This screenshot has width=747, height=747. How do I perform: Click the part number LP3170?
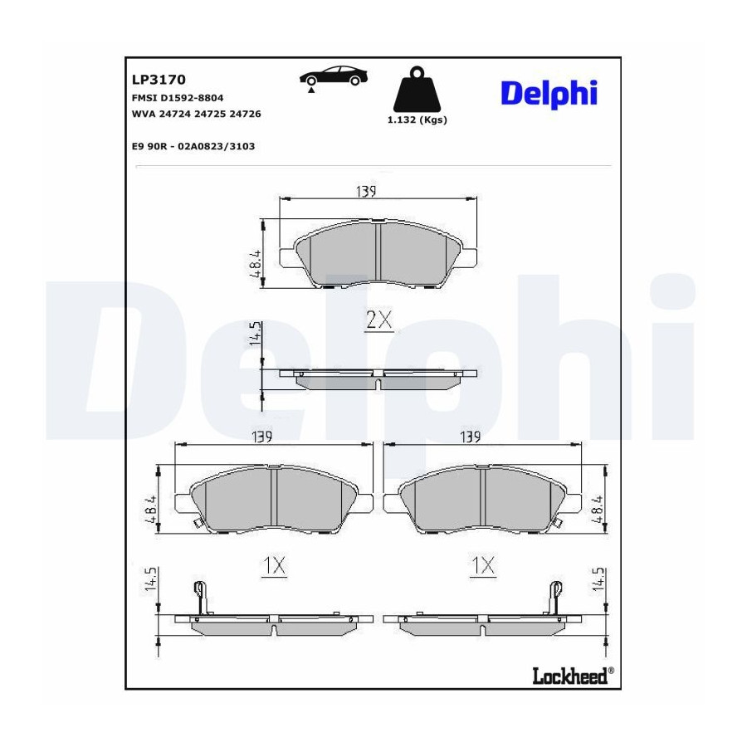click(x=159, y=79)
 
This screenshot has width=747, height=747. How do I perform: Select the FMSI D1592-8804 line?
click(x=178, y=98)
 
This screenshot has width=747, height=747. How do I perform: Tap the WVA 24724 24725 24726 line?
click(x=196, y=114)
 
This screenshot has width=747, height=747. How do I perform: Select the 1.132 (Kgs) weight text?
click(x=417, y=120)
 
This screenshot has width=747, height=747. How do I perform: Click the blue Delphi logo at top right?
click(x=549, y=93)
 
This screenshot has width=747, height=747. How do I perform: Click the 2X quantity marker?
click(x=379, y=320)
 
